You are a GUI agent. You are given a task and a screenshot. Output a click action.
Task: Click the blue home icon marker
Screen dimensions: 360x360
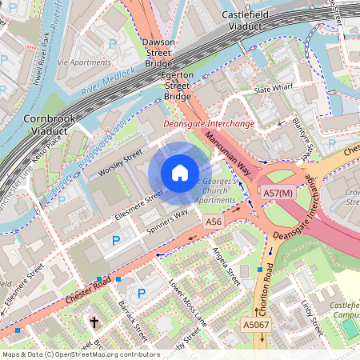coord(180,172)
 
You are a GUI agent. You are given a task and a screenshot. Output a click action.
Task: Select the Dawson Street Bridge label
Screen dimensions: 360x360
coord(158,53)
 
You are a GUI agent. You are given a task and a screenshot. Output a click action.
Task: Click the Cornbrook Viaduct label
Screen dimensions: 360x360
coord(49,123)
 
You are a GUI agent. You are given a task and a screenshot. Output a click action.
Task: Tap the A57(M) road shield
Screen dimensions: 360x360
coord(278,194)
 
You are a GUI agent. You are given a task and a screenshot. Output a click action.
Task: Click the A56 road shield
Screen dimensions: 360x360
coord(213,221)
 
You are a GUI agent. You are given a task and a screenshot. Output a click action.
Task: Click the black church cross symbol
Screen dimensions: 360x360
coord(94,322)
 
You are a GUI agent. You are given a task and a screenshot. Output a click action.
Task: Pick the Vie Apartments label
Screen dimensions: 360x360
coord(84,62)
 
